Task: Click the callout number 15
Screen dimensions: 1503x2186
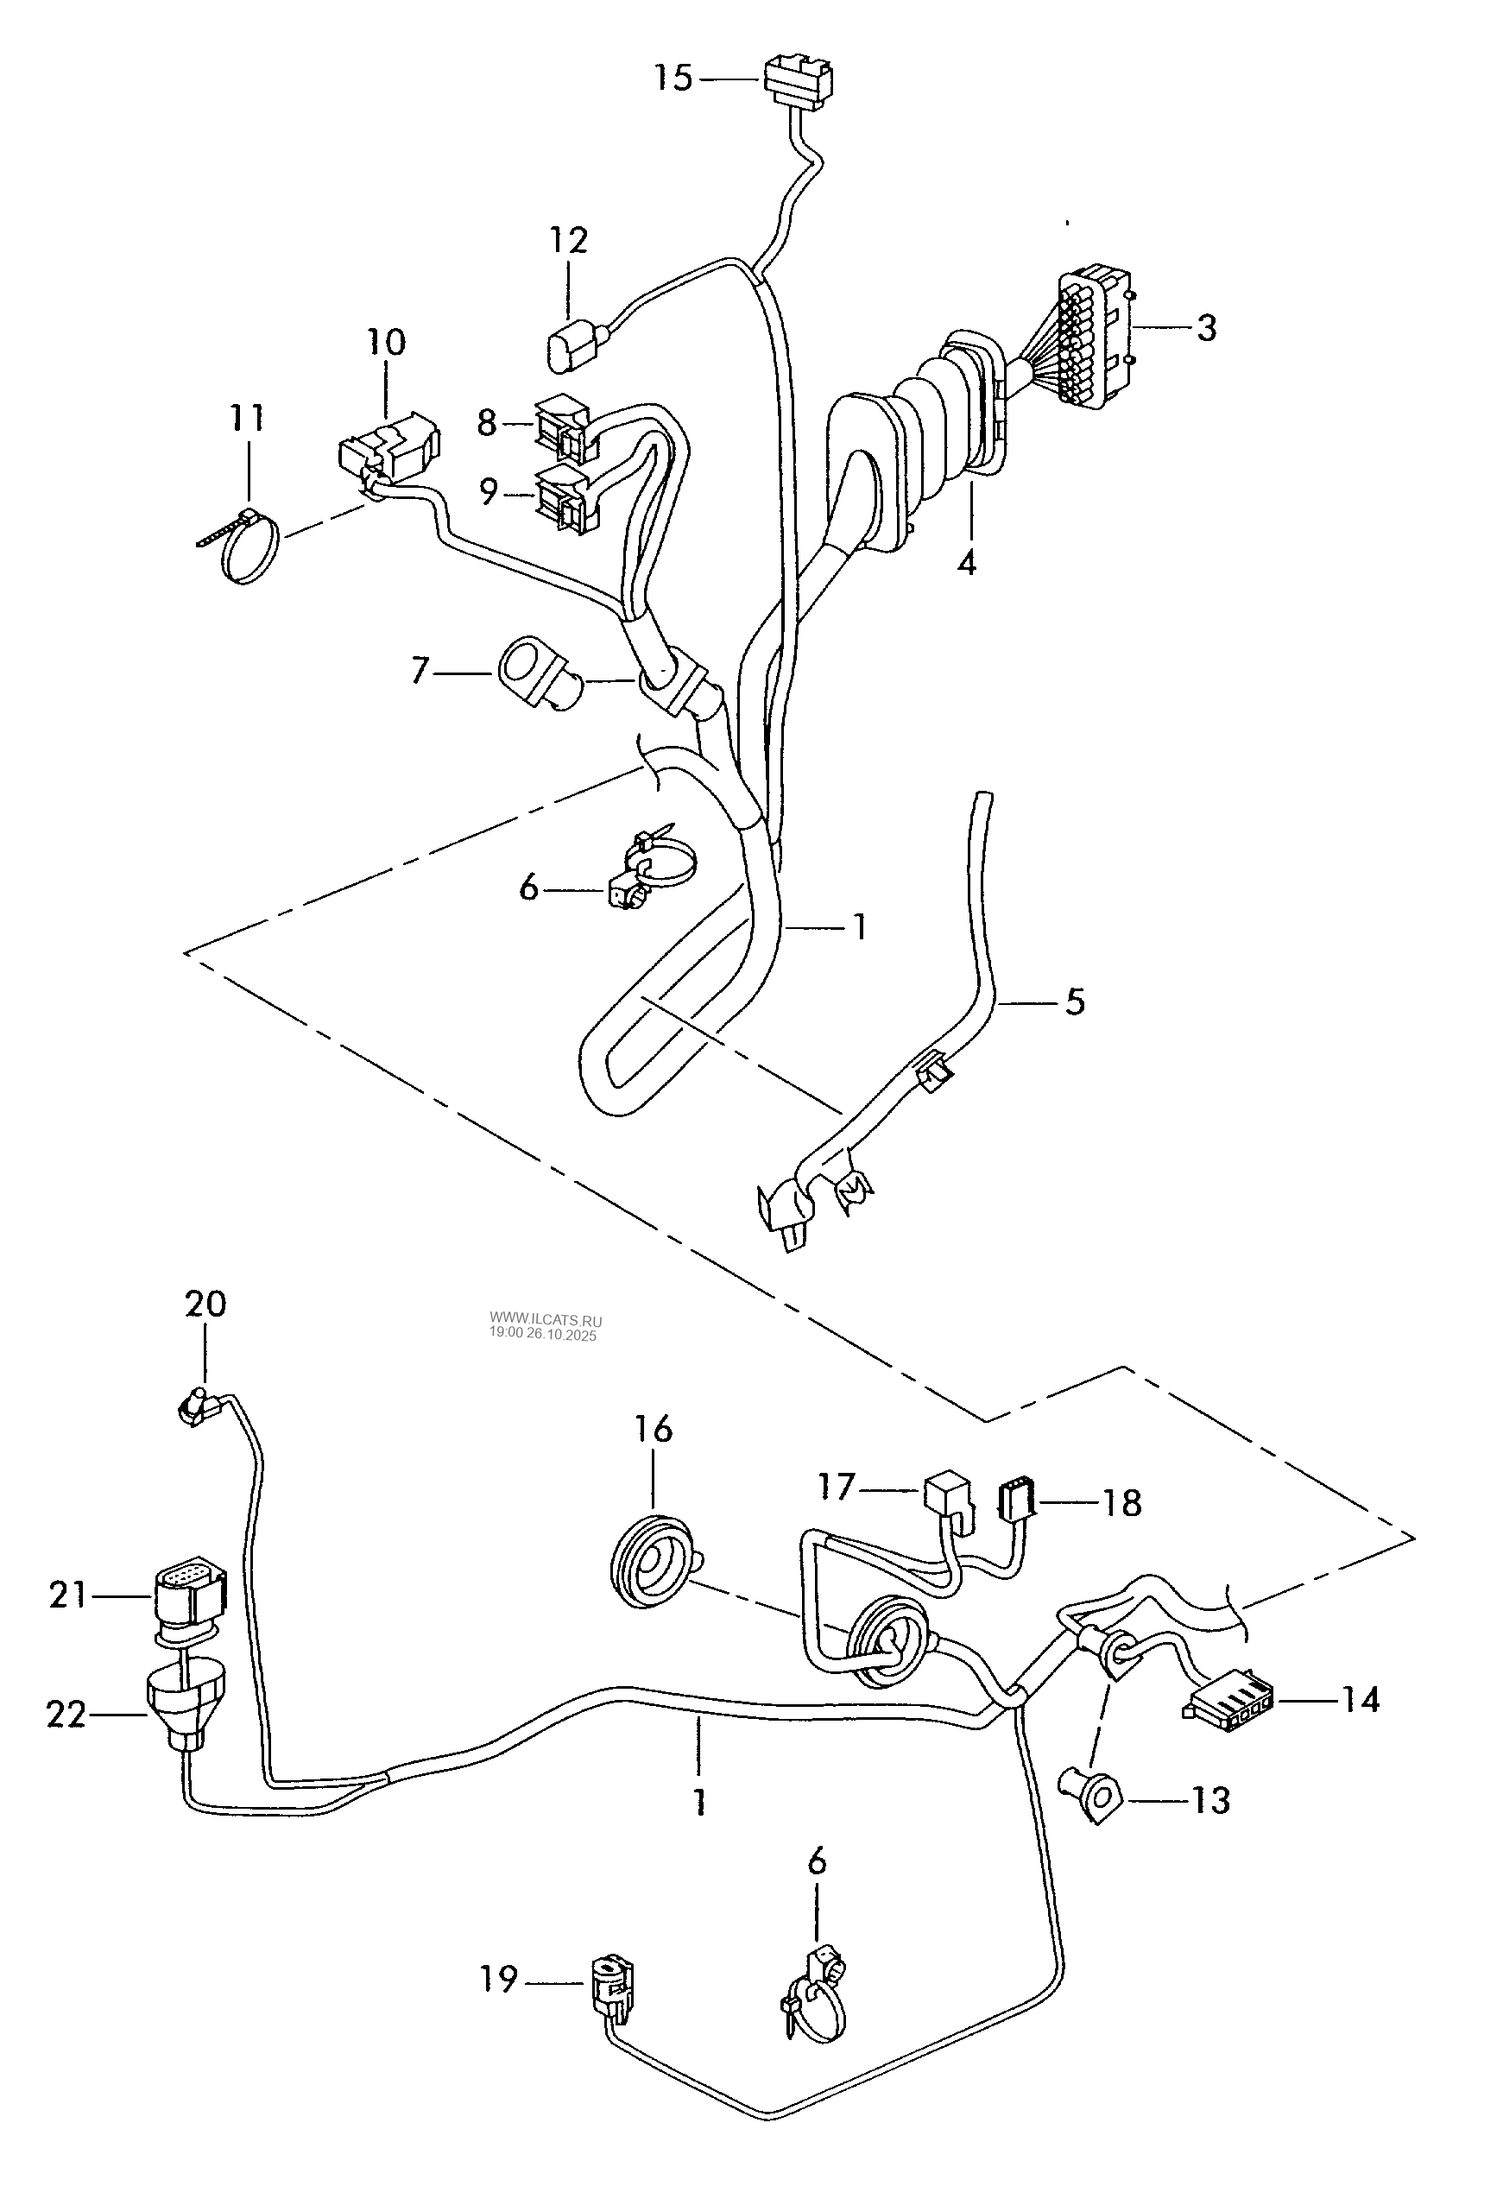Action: [673, 77]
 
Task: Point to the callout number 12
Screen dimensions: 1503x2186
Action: [569, 240]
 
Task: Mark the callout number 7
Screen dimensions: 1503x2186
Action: [420, 672]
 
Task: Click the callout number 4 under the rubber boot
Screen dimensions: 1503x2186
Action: [966, 562]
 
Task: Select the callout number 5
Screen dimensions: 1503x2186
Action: [1075, 1001]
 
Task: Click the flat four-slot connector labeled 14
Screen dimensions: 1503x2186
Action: [1224, 1702]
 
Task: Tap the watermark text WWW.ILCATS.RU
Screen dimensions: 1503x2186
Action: [546, 1322]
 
